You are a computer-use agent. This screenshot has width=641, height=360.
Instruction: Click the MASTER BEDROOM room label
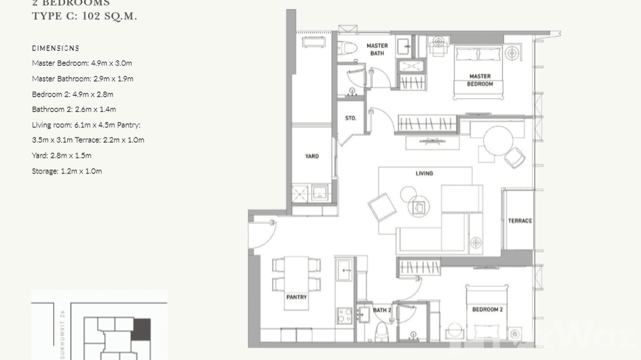pyautogui.click(x=480, y=80)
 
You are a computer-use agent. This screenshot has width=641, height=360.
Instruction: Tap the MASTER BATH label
pyautogui.click(x=377, y=49)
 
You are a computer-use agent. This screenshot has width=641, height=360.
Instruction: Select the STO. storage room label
pyautogui.click(x=351, y=118)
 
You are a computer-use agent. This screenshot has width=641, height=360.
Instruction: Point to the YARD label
pyautogui.click(x=312, y=156)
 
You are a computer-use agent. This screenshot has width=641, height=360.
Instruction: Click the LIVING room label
pyautogui.click(x=424, y=173)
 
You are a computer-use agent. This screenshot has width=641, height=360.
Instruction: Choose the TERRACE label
pyautogui.click(x=520, y=221)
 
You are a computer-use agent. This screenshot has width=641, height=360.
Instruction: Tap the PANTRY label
pyautogui.click(x=296, y=297)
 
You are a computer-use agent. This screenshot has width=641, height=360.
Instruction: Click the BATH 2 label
pyautogui.click(x=382, y=310)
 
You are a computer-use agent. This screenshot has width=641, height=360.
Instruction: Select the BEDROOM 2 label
pyautogui.click(x=487, y=309)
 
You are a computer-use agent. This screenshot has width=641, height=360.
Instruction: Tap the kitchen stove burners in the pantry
pyautogui.click(x=344, y=315)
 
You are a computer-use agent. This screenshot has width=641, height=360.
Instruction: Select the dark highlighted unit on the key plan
pyautogui.click(x=141, y=329)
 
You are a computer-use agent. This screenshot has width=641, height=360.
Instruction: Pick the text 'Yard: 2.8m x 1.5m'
pyautogui.click(x=62, y=156)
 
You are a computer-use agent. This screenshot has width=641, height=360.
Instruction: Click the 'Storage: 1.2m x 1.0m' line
pyautogui.click(x=67, y=171)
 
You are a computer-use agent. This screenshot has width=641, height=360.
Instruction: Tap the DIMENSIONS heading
pyautogui.click(x=55, y=48)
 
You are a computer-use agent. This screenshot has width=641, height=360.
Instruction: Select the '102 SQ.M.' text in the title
pyautogui.click(x=109, y=16)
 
